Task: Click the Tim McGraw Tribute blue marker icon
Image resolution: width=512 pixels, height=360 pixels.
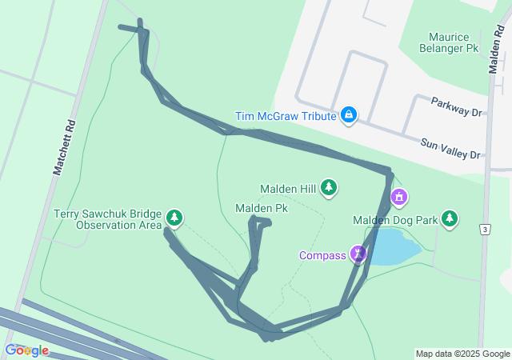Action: point(349,116)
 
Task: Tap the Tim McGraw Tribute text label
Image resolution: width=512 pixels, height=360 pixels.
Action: point(285,116)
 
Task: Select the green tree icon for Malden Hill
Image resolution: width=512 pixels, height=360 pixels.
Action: point(329,188)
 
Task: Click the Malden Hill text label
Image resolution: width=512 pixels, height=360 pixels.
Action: point(288,189)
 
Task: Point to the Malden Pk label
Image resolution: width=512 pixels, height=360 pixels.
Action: point(262,208)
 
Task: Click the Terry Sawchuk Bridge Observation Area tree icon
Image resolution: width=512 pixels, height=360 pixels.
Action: point(174,218)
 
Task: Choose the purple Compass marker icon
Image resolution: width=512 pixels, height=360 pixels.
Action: point(358,254)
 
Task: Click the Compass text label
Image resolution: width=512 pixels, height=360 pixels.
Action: point(322,256)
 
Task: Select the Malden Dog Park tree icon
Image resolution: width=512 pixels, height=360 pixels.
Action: point(450,218)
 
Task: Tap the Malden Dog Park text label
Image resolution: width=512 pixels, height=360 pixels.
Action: point(396,220)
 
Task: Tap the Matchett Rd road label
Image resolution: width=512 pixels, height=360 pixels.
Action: point(64,148)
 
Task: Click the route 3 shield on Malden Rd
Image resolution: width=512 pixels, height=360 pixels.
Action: point(485,230)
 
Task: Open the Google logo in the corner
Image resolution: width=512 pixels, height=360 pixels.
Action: point(26,350)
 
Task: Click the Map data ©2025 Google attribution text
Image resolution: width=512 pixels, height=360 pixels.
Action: point(462,354)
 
